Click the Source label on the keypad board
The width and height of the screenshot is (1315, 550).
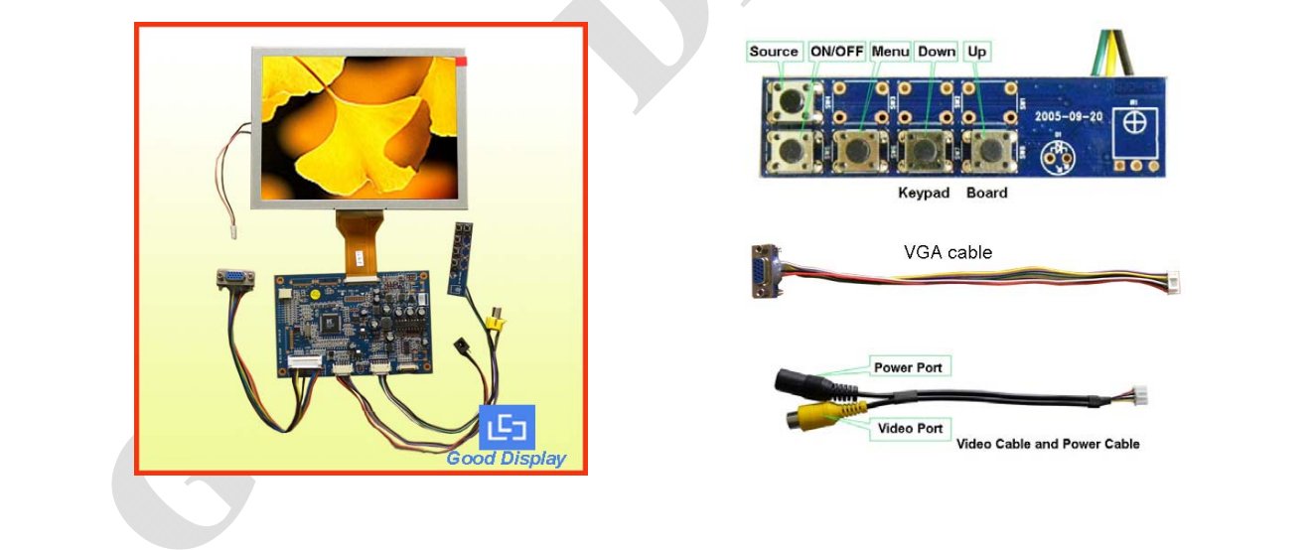point(774,52)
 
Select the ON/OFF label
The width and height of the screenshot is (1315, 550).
point(836,52)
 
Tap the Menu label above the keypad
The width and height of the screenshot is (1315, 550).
point(890,52)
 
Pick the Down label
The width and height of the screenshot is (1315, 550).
point(936,52)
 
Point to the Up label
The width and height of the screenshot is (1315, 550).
point(978,52)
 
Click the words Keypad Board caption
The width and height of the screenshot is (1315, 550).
point(952,193)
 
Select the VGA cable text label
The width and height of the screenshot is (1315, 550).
point(948,253)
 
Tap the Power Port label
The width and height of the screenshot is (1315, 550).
point(908,367)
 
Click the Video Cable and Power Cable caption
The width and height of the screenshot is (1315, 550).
point(1048,444)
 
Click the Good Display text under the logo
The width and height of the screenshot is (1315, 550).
point(506,459)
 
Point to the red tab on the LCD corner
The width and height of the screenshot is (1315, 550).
point(461,62)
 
